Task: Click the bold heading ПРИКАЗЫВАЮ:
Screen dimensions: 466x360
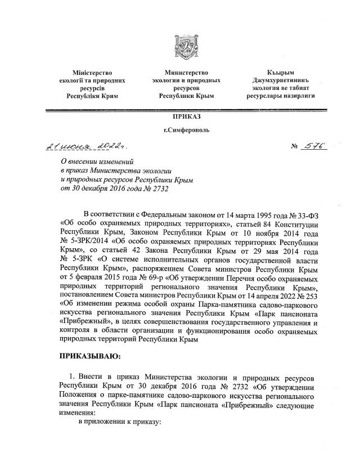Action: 93,356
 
